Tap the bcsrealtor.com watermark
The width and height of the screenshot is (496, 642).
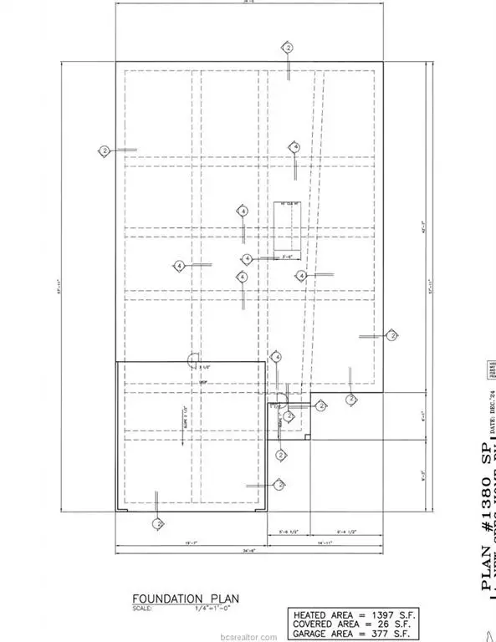[248, 634]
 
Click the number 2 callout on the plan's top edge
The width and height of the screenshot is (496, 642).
[288, 48]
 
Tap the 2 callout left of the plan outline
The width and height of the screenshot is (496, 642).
[105, 150]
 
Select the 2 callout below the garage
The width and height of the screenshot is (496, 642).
[156, 523]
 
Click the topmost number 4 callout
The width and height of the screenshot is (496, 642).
[294, 147]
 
